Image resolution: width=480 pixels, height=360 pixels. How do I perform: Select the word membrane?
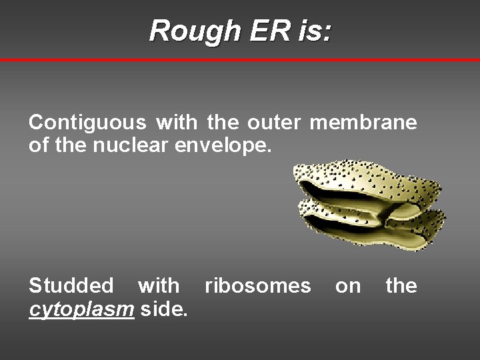363,123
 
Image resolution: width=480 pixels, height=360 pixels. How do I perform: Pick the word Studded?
71,286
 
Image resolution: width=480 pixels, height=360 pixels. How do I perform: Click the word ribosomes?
257,286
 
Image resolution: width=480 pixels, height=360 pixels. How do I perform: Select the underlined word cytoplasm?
82,309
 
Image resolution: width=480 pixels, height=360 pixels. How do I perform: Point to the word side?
164,308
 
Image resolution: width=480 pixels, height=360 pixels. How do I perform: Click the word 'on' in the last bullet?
347,287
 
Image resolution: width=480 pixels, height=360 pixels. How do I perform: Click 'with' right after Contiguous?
177,123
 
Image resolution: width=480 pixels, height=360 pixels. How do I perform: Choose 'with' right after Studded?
158,286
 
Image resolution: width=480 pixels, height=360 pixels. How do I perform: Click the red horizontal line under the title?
240,60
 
